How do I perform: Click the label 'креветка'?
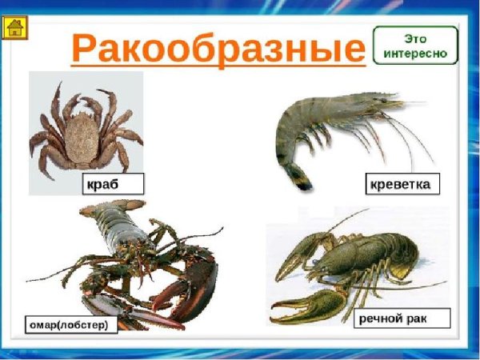coord(400,184)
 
